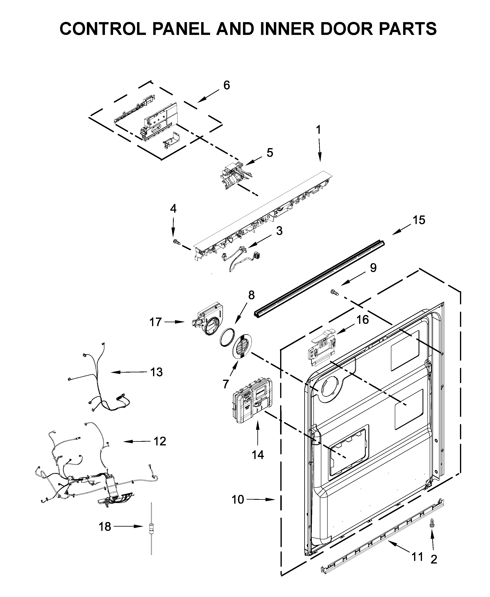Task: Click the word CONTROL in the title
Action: coord(103,28)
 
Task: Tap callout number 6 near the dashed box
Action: coord(226,85)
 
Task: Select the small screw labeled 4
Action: coord(176,241)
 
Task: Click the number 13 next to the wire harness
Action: coord(156,372)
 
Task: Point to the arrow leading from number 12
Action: coord(136,441)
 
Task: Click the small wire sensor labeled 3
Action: coord(240,255)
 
